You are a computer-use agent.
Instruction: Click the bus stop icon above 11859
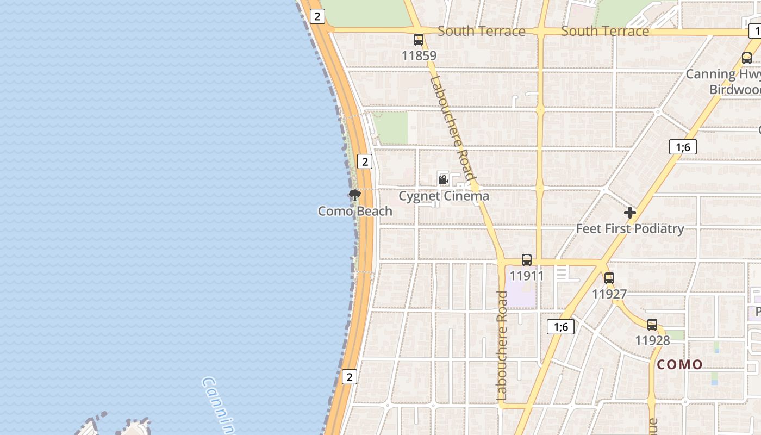(418, 40)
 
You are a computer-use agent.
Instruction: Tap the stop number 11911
(526, 276)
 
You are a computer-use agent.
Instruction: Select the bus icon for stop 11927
(609, 278)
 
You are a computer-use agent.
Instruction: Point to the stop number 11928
(652, 340)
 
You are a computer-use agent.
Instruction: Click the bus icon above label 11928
(652, 325)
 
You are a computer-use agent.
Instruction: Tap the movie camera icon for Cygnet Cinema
(443, 179)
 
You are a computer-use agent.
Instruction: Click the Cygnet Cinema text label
(444, 196)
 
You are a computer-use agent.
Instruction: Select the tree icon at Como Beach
(355, 195)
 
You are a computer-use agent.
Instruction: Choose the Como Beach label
(355, 211)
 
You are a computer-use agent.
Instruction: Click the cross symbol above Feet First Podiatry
(630, 213)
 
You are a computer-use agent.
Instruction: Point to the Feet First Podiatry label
(629, 228)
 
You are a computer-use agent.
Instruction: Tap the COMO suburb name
(679, 364)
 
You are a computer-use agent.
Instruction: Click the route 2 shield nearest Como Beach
(364, 161)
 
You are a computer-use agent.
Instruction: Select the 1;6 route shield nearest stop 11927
(560, 327)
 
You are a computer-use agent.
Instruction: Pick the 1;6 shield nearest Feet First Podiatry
(683, 147)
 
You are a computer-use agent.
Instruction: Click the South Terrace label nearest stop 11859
(481, 31)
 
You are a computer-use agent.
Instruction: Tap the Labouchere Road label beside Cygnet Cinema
(452, 128)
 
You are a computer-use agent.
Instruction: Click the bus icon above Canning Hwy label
(747, 58)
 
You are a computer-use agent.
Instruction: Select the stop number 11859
(419, 55)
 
